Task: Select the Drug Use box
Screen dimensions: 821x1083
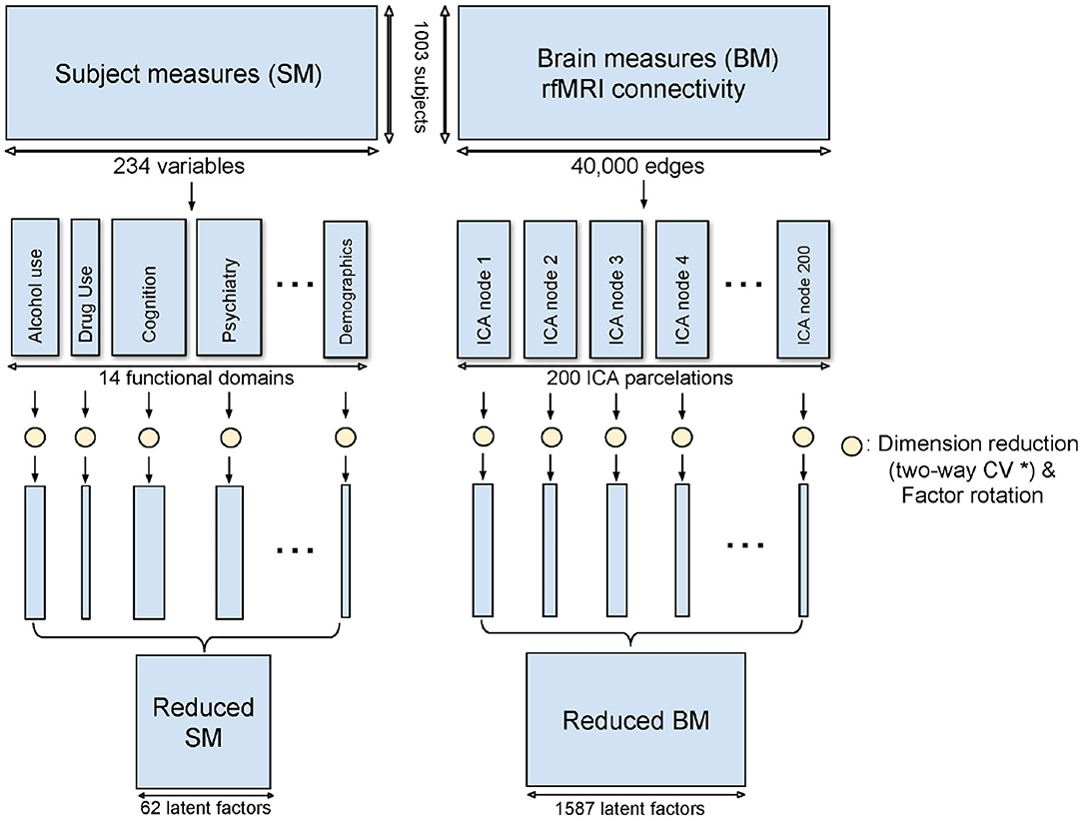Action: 85,288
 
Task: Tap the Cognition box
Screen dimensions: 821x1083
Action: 149,288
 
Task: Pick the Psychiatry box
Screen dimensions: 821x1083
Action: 230,288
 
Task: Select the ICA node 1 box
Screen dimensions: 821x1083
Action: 484,288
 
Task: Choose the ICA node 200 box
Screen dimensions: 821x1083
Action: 804,288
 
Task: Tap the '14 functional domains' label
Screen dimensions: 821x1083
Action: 189,380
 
